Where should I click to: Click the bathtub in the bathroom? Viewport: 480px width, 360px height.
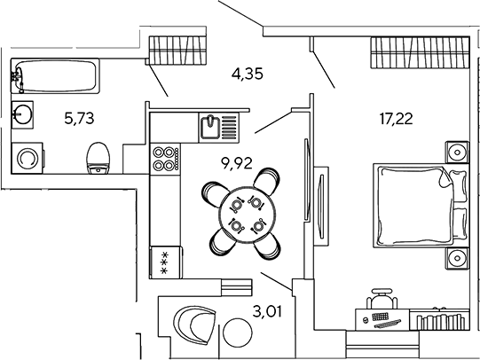pyautogui.click(x=55, y=75)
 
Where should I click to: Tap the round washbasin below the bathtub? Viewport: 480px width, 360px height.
pyautogui.click(x=22, y=114)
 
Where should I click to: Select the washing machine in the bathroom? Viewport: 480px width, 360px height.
pyautogui.click(x=28, y=158)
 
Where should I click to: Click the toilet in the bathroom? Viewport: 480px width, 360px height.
pyautogui.click(x=98, y=158)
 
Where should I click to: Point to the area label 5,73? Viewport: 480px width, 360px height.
pyautogui.click(x=79, y=118)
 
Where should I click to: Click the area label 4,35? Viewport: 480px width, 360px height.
pyautogui.click(x=248, y=74)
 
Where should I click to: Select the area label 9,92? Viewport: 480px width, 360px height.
pyautogui.click(x=237, y=163)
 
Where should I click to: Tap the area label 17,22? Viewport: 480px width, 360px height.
pyautogui.click(x=396, y=118)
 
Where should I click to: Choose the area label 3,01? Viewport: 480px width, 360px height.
pyautogui.click(x=267, y=311)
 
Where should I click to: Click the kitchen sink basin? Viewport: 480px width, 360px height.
pyautogui.click(x=210, y=127)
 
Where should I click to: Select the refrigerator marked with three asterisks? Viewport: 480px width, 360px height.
pyautogui.click(x=166, y=262)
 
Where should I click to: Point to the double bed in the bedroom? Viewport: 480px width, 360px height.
pyautogui.click(x=421, y=205)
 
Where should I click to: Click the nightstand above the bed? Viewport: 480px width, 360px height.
pyautogui.click(x=457, y=152)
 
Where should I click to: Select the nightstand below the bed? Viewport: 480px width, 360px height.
pyautogui.click(x=457, y=258)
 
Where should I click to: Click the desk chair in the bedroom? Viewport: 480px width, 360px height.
pyautogui.click(x=382, y=298)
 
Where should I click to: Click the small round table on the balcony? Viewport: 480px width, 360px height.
pyautogui.click(x=238, y=333)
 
